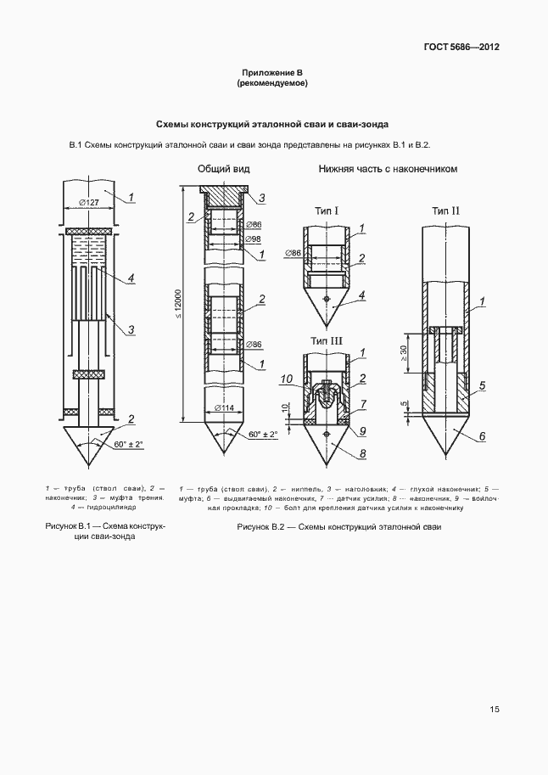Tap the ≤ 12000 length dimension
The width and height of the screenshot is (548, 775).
click(x=178, y=305)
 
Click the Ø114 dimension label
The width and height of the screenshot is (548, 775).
click(x=226, y=408)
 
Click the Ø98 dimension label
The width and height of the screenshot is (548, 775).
click(x=253, y=240)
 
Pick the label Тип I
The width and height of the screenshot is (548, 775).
click(x=327, y=210)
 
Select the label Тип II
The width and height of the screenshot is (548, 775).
click(x=445, y=210)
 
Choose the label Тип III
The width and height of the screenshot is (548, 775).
click(x=327, y=340)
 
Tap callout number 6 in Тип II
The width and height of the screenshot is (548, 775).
click(x=482, y=436)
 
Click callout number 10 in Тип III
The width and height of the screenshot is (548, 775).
click(x=287, y=379)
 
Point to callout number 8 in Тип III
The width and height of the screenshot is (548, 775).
click(x=362, y=453)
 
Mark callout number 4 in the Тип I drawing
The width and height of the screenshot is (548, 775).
click(x=362, y=295)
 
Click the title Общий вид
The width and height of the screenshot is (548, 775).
click(x=219, y=169)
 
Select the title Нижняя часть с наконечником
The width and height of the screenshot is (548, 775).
click(x=388, y=169)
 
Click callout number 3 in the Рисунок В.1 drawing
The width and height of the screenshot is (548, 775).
click(x=131, y=329)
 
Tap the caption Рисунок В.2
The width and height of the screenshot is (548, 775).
click(x=338, y=527)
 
